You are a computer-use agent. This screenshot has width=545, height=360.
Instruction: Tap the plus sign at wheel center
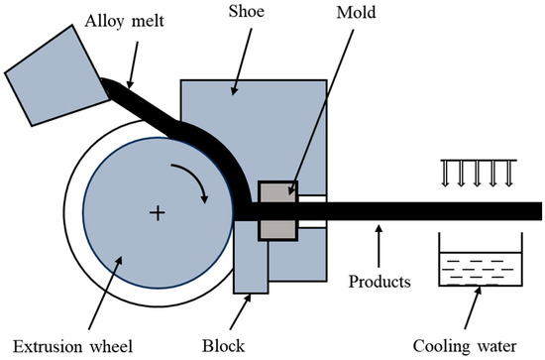tap(156, 212)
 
